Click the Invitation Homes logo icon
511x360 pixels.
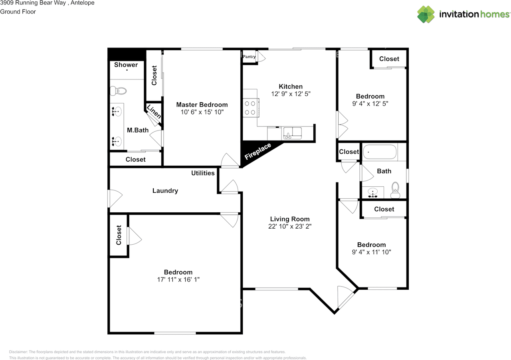click(426, 14)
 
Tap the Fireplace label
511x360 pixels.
click(258, 151)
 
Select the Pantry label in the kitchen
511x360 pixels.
click(249, 57)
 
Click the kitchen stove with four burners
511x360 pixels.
click(250, 107)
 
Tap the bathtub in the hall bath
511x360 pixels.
click(380, 152)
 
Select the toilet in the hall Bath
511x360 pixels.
click(395, 188)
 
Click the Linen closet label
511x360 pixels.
click(154, 112)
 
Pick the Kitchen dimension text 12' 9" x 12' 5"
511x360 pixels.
click(290, 94)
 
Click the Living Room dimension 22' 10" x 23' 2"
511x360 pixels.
click(289, 226)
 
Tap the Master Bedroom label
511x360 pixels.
click(202, 105)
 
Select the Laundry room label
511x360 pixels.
click(165, 191)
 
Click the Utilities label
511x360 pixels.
click(203, 173)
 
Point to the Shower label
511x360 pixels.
click(126, 65)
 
